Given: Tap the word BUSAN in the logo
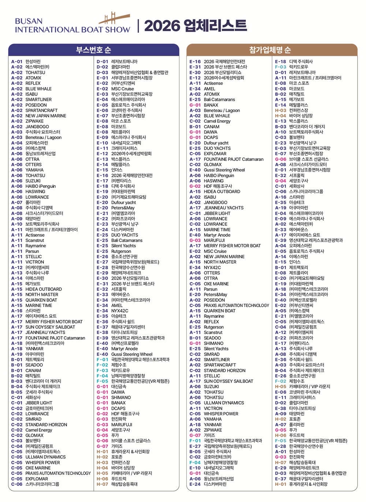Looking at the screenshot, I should click(x=29, y=21).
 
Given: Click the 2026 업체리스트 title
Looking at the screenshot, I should click(x=195, y=26).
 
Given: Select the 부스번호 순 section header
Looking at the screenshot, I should click(x=93, y=50).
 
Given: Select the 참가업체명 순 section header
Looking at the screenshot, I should click(x=272, y=50).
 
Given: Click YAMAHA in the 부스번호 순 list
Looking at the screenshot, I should click(x=34, y=170).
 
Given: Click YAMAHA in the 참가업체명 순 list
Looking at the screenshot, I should click(x=213, y=419).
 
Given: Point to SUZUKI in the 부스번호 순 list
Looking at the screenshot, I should click(x=33, y=181).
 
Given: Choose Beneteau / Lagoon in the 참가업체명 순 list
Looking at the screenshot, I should click(x=222, y=110).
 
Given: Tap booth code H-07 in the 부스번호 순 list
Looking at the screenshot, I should click(x=102, y=484).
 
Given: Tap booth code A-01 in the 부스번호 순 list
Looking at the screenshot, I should click(x=16, y=62).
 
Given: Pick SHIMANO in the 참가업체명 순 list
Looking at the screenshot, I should click(x=213, y=344).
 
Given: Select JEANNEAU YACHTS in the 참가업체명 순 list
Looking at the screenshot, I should click(x=223, y=208).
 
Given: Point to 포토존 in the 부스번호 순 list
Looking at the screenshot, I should click(x=117, y=457).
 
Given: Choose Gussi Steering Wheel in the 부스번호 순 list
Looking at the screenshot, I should click(x=132, y=354).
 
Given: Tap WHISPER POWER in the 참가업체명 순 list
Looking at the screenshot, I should click(x=221, y=414).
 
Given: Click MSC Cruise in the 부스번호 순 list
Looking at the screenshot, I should click(x=123, y=89).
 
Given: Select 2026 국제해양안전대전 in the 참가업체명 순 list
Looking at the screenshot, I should click(x=224, y=62).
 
